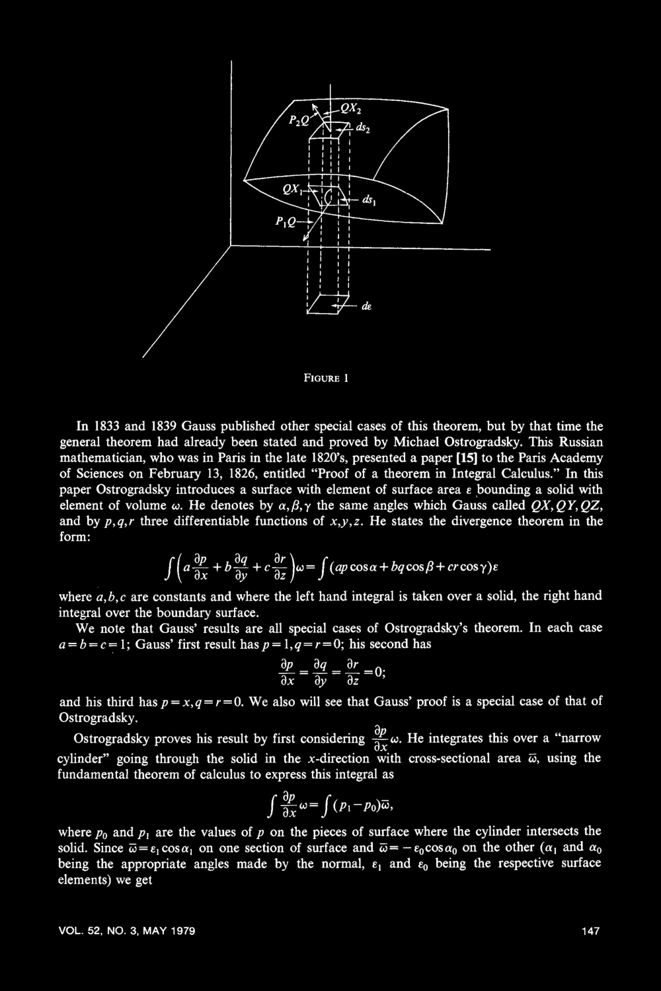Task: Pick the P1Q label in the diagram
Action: [280, 222]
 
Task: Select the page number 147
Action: [590, 931]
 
